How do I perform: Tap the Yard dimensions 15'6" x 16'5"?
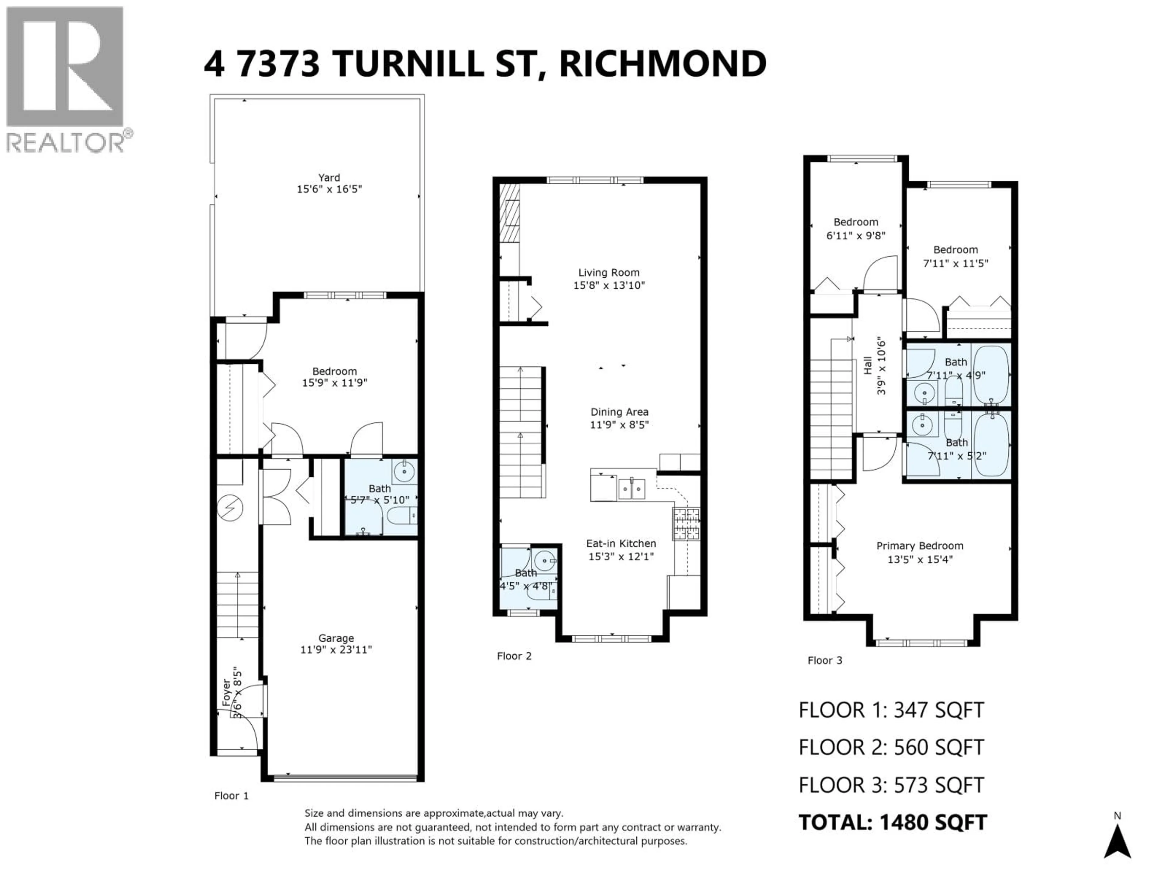pos(329,189)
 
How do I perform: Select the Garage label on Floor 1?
pos(336,638)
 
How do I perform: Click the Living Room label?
pos(609,273)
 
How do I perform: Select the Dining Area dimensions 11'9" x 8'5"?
pos(619,425)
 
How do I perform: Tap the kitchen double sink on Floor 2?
pos(632,489)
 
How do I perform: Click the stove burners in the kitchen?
pos(686,524)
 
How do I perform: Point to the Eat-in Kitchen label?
pos(621,543)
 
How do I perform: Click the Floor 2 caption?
pos(514,656)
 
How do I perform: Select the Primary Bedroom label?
pos(920,546)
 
